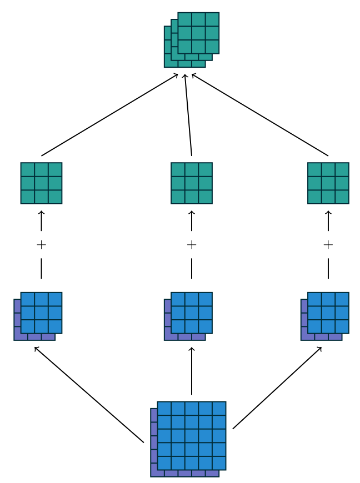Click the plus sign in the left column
pos(41,245)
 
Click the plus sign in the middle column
pos(192,245)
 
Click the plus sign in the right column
pos(328,245)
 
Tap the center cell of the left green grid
pos(41,183)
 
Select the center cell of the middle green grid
pos(192,183)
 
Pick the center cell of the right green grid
pos(328,183)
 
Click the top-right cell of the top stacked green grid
pos(212,19)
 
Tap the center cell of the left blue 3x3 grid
pos(41,313)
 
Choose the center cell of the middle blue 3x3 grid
pos(192,313)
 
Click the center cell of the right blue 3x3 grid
pos(328,313)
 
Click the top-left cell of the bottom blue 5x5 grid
pos(164,409)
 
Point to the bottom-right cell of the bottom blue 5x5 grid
pos(219,463)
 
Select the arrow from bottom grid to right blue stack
pos(277,388)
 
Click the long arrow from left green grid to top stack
pos(109,115)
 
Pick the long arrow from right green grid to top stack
pos(260,115)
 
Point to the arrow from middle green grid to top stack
pos(188,115)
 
